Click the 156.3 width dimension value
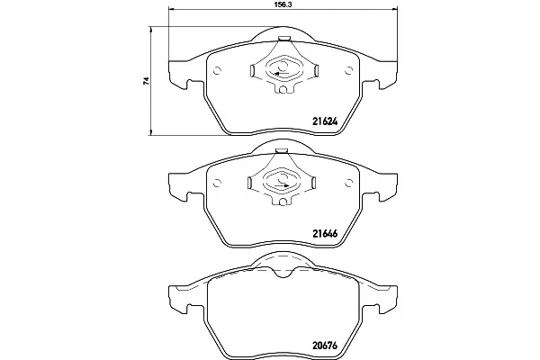(x=281, y=4)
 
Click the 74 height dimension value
(x=147, y=81)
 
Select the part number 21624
(x=325, y=121)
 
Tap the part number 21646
(x=325, y=234)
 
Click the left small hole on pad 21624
(x=217, y=70)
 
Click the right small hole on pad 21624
(x=348, y=70)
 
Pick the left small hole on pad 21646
(x=217, y=183)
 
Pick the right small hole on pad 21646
(x=348, y=183)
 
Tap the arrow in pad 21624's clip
(x=281, y=73)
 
